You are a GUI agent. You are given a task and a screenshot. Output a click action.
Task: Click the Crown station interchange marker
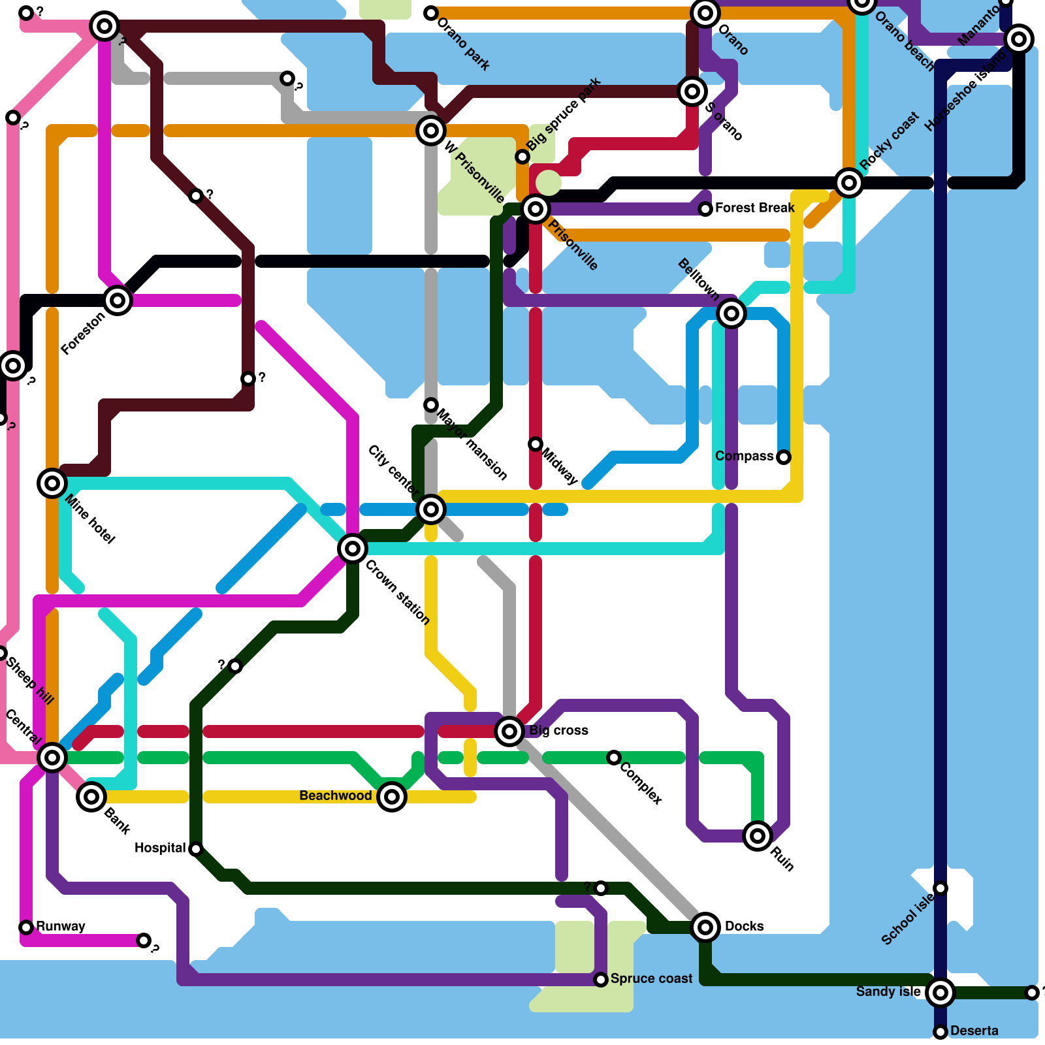point(353,549)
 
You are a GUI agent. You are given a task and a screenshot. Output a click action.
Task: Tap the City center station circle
point(431,509)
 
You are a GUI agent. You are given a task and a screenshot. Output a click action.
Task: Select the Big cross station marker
point(509,731)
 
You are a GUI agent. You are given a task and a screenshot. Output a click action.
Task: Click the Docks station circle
point(705,927)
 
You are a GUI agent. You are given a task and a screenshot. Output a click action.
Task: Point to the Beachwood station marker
point(392,797)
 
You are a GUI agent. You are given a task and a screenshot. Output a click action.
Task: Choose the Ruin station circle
point(758,835)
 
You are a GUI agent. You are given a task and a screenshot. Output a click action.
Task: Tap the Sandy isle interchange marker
point(940,993)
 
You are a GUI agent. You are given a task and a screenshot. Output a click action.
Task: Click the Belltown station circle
point(731,313)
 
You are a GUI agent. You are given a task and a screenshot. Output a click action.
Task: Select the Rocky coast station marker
point(849,183)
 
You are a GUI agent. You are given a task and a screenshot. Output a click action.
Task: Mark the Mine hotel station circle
point(52,483)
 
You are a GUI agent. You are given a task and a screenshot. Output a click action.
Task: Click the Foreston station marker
point(118,300)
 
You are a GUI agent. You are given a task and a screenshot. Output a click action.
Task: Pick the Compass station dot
point(784,457)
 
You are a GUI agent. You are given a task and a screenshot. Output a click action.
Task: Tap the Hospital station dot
point(196,849)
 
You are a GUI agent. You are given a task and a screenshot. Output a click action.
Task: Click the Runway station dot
point(26,927)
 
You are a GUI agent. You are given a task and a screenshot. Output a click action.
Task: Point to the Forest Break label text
point(754,208)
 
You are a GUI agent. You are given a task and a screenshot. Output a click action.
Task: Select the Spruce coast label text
point(651,978)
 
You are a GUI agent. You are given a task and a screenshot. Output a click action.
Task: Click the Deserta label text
point(974,1031)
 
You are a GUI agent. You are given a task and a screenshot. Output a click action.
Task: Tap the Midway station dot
point(536,444)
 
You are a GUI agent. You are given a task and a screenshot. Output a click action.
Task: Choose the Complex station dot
point(614,758)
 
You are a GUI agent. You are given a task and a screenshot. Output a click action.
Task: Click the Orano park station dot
point(431,13)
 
